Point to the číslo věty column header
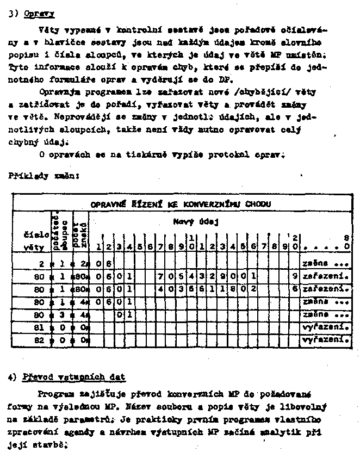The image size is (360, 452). pyautogui.click(x=32, y=241)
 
